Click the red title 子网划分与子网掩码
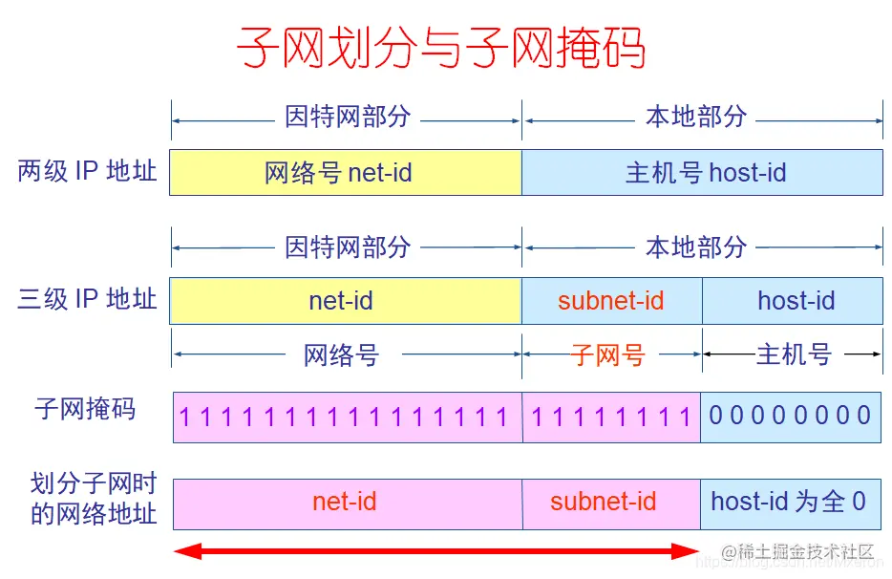click(x=441, y=47)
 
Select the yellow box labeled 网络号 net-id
click(x=345, y=172)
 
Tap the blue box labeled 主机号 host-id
click(x=702, y=172)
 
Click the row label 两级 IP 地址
click(x=87, y=172)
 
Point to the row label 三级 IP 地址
click(x=87, y=300)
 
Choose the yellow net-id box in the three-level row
click(x=345, y=301)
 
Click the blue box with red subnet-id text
click(x=611, y=301)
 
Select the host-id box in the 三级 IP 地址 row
click(x=792, y=301)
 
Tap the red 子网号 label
click(x=608, y=355)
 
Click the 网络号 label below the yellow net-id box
click(x=341, y=355)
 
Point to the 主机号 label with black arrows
click(x=794, y=354)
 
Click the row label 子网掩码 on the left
click(x=85, y=410)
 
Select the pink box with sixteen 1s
click(x=347, y=417)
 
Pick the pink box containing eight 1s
click(x=611, y=417)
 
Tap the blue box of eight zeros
click(x=791, y=416)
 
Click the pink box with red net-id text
click(x=347, y=503)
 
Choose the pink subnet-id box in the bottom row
click(x=611, y=503)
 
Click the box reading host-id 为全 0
click(x=790, y=502)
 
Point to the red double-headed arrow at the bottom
click(x=437, y=551)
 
